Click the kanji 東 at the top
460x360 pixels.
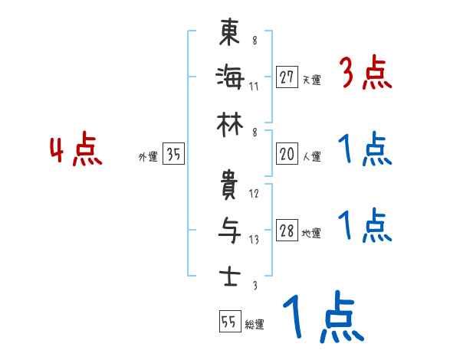pyautogui.click(x=229, y=35)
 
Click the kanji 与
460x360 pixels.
pyautogui.click(x=229, y=230)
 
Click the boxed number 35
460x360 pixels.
pyautogui.click(x=174, y=154)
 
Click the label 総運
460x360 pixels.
pyautogui.click(x=255, y=325)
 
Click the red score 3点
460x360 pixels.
pyautogui.click(x=366, y=74)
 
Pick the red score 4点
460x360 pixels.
pyautogui.click(x=77, y=151)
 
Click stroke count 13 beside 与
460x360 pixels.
pyautogui.click(x=254, y=239)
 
